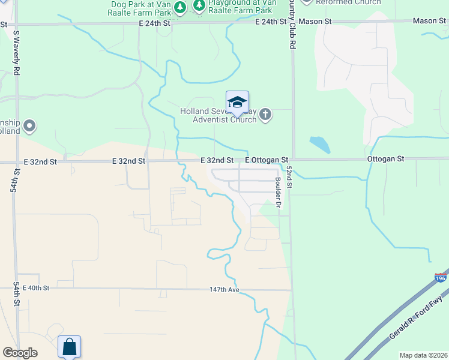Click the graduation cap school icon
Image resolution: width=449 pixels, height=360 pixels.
tap(237, 101)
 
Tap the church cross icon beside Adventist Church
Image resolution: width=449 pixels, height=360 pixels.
tap(265, 114)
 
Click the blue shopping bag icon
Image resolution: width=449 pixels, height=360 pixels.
tap(69, 346)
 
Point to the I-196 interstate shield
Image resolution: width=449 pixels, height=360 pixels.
tap(441, 278)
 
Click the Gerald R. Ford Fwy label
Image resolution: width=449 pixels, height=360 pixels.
tap(418, 318)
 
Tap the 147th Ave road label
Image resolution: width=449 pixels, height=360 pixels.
tap(224, 289)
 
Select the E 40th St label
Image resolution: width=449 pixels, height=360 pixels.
tap(35, 289)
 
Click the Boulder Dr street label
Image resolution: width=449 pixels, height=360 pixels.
tap(278, 192)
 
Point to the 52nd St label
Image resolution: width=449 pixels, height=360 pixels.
tap(289, 177)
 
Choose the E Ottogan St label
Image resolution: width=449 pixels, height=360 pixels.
tap(267, 160)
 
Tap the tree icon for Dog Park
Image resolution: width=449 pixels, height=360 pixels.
tap(179, 7)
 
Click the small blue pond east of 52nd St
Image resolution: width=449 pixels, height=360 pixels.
tap(319, 144)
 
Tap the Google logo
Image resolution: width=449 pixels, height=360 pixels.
tap(19, 352)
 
